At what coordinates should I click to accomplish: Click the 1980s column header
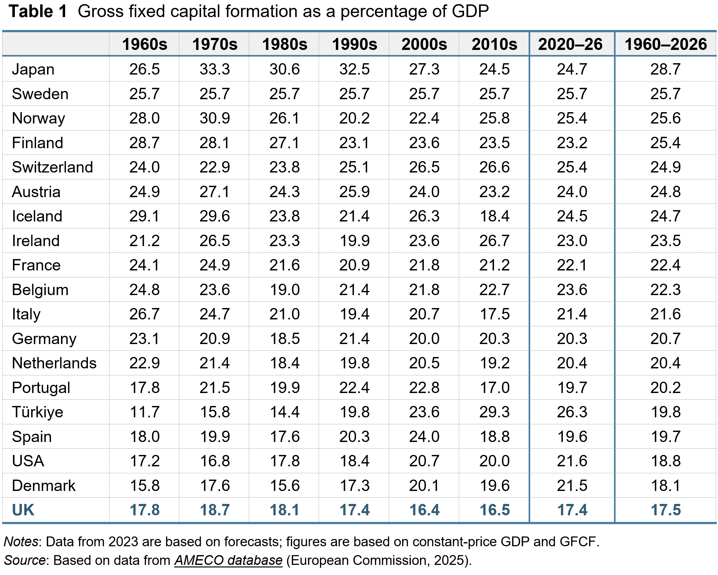coord(285,44)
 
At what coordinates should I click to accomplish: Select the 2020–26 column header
coord(570,44)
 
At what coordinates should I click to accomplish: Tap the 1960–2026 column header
coord(666,44)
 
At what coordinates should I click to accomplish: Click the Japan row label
coord(33,70)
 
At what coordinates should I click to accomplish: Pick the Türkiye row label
coord(37,412)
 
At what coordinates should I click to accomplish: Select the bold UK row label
coord(23,510)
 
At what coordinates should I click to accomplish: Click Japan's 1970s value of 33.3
coord(214,70)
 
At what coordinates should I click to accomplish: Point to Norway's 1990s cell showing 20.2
coord(354,118)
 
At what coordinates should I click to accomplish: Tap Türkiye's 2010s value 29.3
coord(494,412)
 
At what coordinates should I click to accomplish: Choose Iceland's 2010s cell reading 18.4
coord(494,216)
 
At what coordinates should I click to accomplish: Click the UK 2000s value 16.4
coord(424,510)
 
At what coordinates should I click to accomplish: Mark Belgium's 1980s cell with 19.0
coord(285,290)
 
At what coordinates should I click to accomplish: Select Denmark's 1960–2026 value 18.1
coord(666,486)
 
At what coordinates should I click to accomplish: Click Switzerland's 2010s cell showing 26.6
coord(494,167)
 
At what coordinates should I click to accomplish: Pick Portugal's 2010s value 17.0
coord(494,388)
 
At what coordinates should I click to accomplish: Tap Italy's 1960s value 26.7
coord(144,314)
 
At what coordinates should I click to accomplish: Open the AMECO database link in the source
coord(228,560)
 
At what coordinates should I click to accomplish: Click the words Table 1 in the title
coord(38,12)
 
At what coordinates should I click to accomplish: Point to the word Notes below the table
coord(21,542)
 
